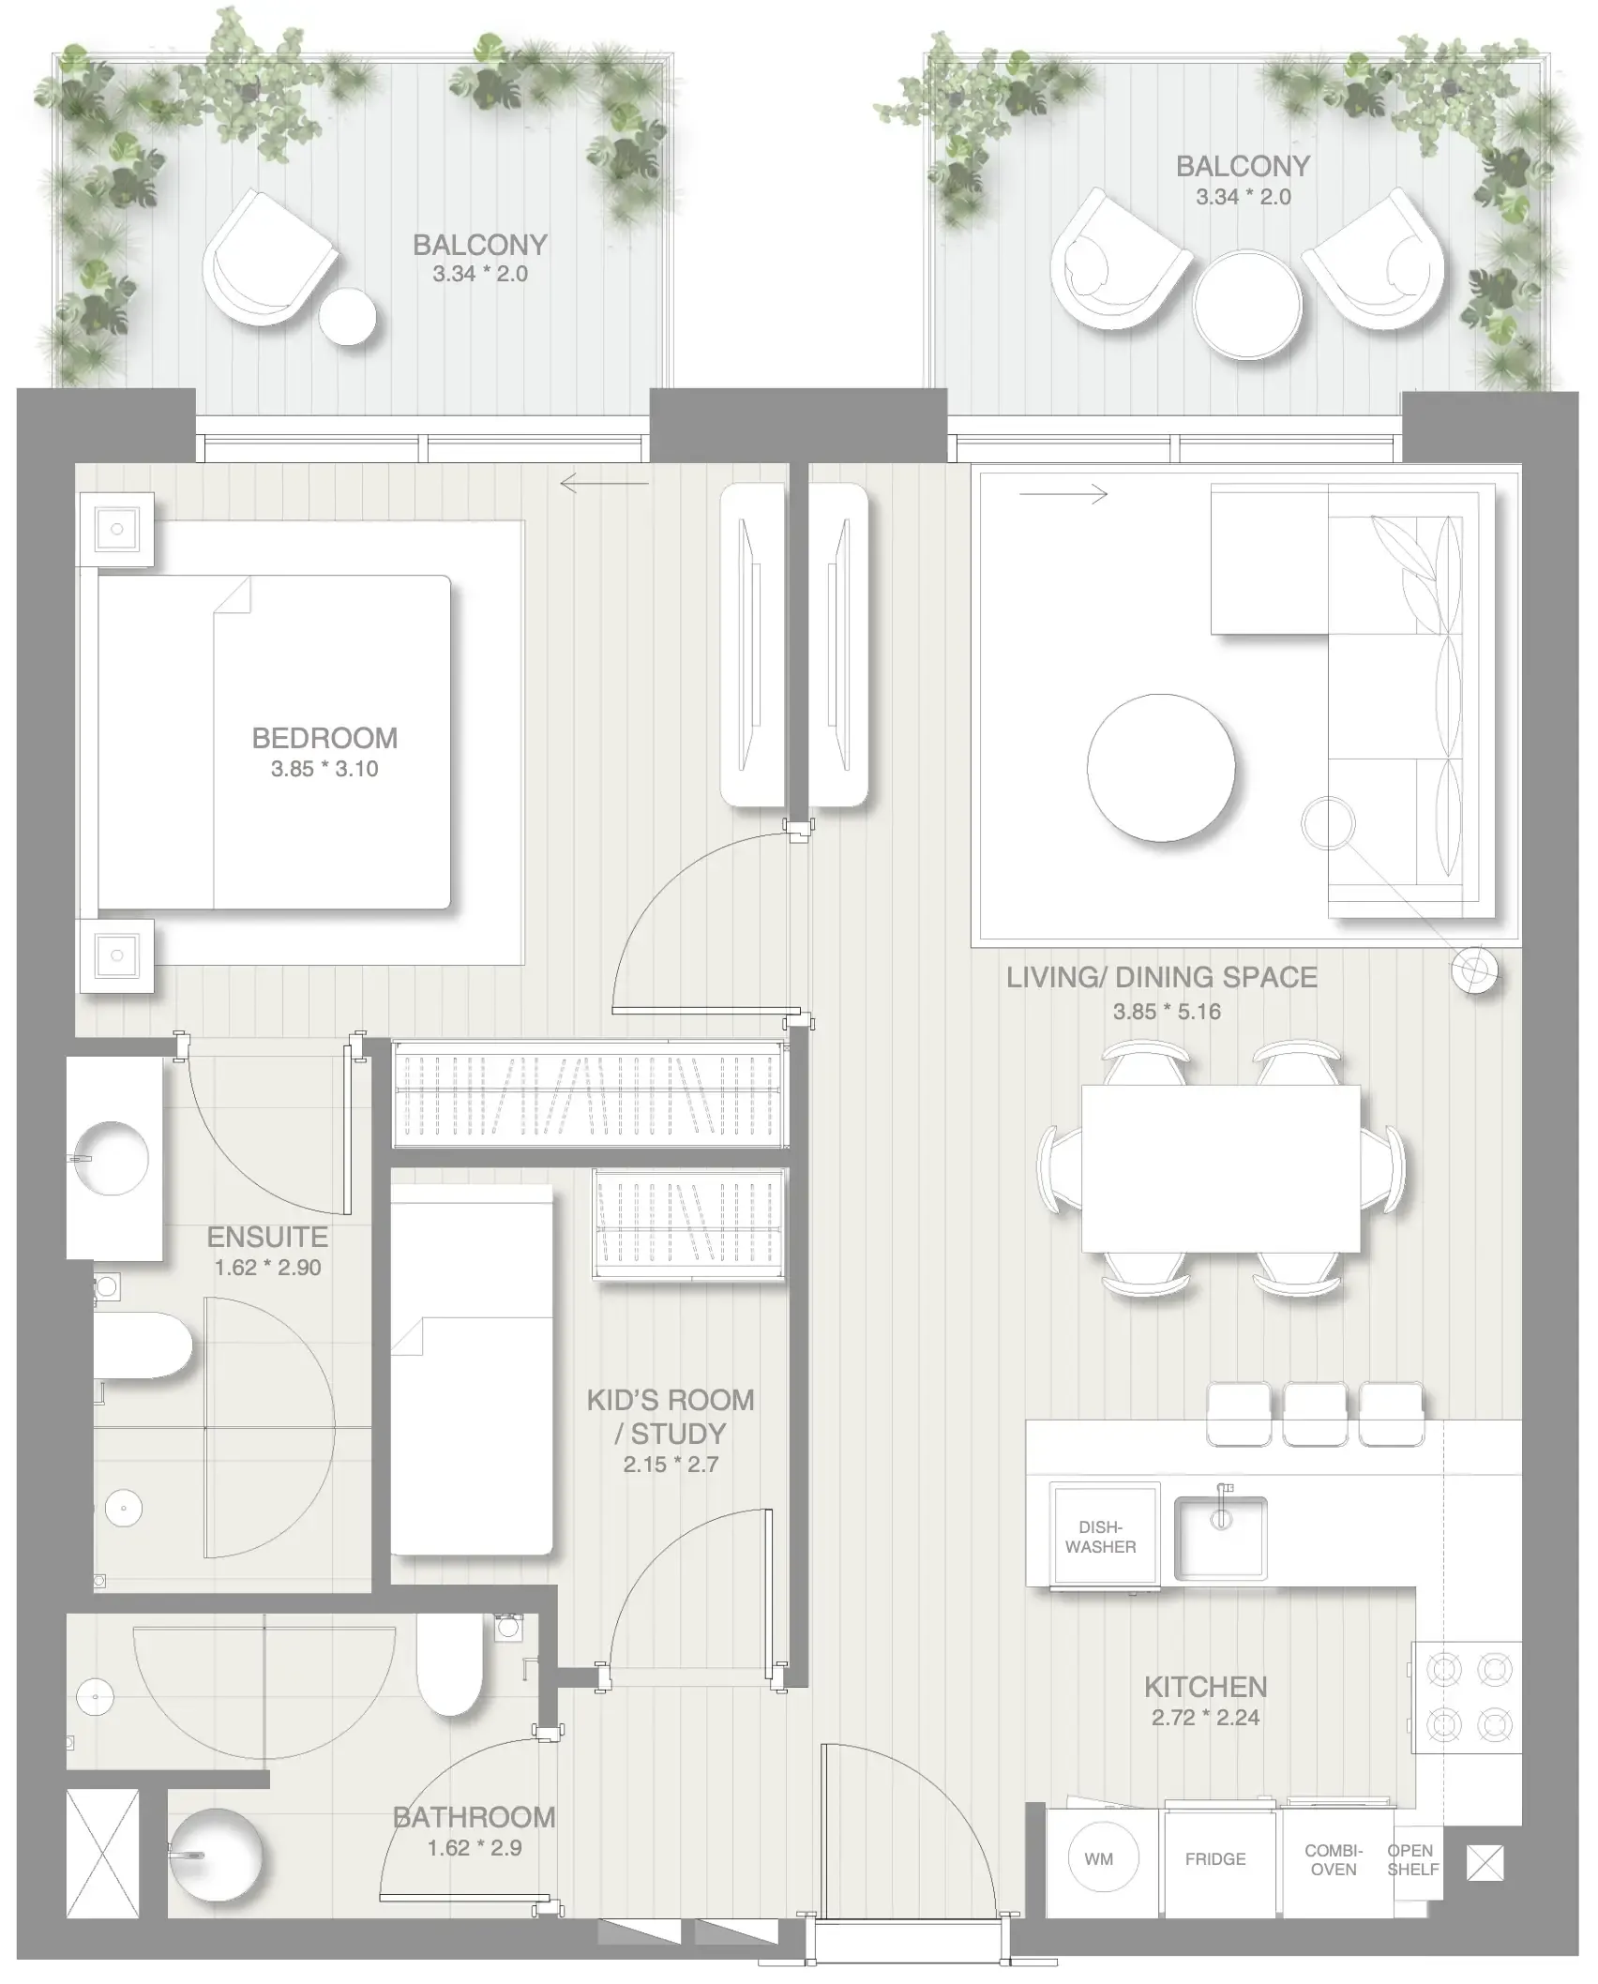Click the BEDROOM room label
pos(324,738)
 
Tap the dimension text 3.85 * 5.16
pos(1167,1012)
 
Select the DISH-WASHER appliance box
pos(1103,1538)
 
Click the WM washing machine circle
pos(1099,1858)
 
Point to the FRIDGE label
pos(1215,1858)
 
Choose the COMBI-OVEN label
pos(1334,1859)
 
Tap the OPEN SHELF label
pos(1411,1859)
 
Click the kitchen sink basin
pos(1220,1539)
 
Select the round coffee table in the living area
pos(1161,768)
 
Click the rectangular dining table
pos(1220,1168)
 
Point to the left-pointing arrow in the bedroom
pos(604,484)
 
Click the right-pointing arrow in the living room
pos(1063,494)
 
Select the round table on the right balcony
pos(1246,304)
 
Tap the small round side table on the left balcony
pos(347,317)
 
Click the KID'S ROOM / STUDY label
pos(670,1416)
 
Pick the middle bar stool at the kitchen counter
pos(1315,1413)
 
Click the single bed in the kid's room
pos(471,1369)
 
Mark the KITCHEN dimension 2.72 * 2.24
pos(1205,1718)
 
